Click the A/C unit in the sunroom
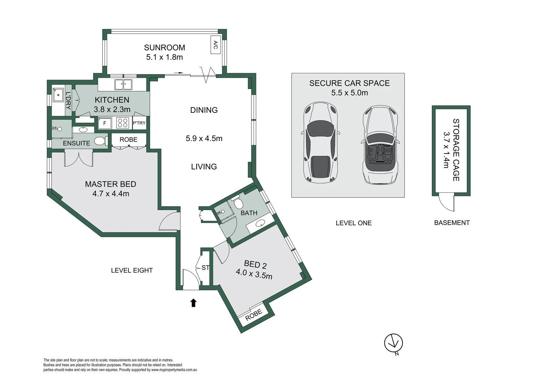pyautogui.click(x=215, y=45)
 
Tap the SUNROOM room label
pyautogui.click(x=164, y=47)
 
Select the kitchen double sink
pyautogui.click(x=123, y=85)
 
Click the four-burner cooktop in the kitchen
pyautogui.click(x=123, y=123)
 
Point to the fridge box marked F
pyautogui.click(x=104, y=123)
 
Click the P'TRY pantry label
pyautogui.click(x=139, y=123)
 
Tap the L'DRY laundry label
pyautogui.click(x=68, y=100)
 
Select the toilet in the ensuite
pyautogui.click(x=100, y=141)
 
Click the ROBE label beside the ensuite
pyautogui.click(x=128, y=140)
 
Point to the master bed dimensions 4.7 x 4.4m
pyautogui.click(x=111, y=194)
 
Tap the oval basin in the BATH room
pyautogui.click(x=261, y=223)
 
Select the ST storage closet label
pyautogui.click(x=205, y=268)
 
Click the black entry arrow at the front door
pyautogui.click(x=193, y=303)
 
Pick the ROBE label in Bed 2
pyautogui.click(x=254, y=314)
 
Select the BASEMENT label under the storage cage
pyautogui.click(x=452, y=223)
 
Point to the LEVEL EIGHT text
pyautogui.click(x=132, y=271)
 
